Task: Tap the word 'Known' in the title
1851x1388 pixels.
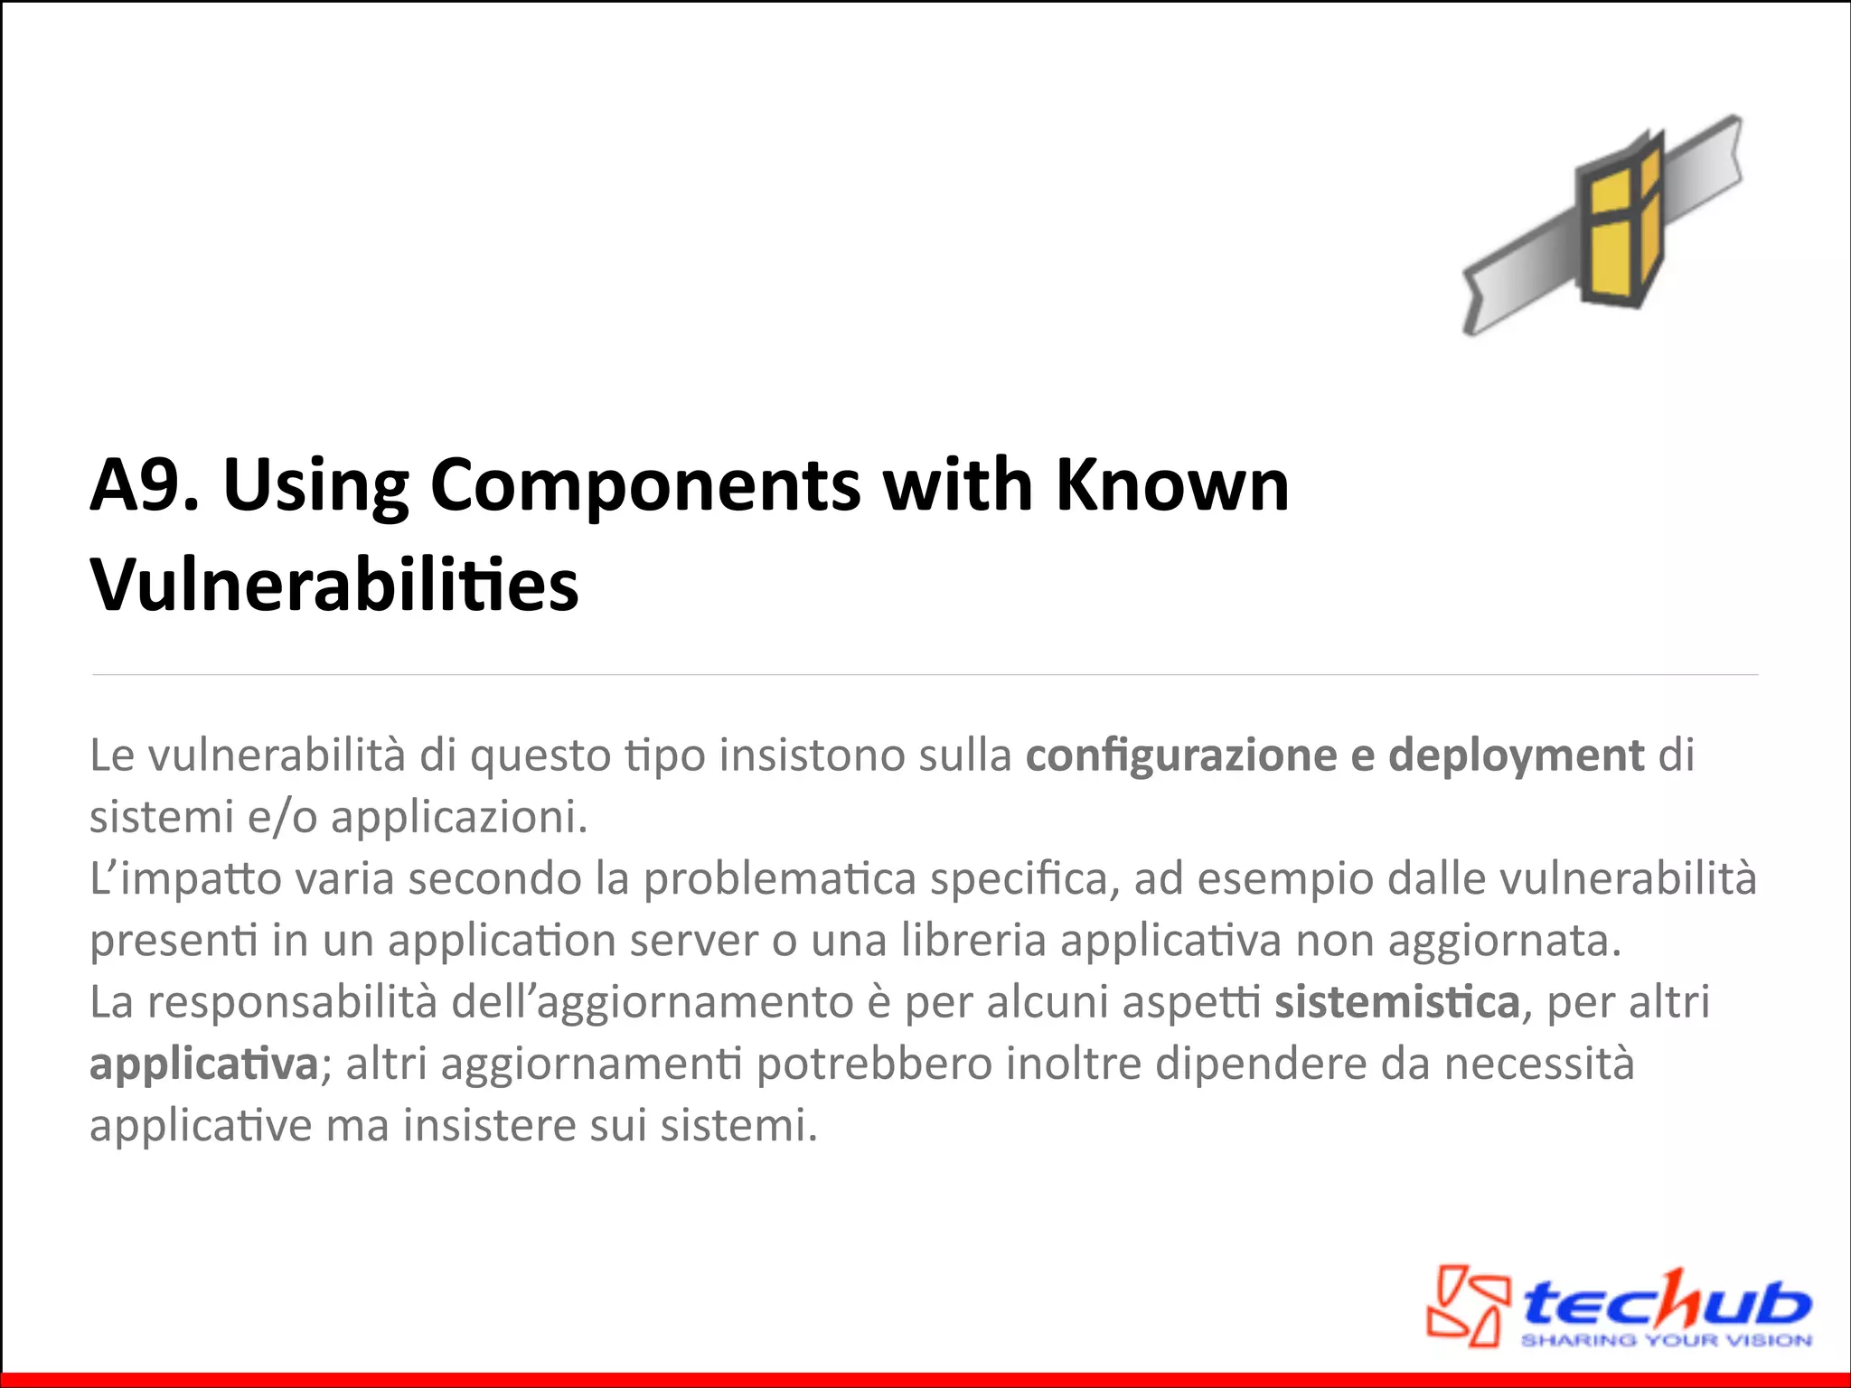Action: tap(1172, 486)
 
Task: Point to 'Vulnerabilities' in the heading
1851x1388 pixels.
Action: tap(334, 586)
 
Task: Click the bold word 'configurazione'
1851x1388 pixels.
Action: tap(1180, 755)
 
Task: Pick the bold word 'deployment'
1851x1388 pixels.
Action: tap(1516, 755)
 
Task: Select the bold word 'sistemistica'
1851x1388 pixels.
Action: tap(1397, 1002)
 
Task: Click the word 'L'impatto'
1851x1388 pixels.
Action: tap(185, 879)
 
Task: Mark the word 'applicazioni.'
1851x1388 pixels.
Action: tap(459, 817)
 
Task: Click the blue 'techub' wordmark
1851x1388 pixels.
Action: tap(1665, 1301)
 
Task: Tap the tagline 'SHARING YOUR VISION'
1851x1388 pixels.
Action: tap(1666, 1340)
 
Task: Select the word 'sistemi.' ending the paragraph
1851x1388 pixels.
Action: tap(738, 1126)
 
